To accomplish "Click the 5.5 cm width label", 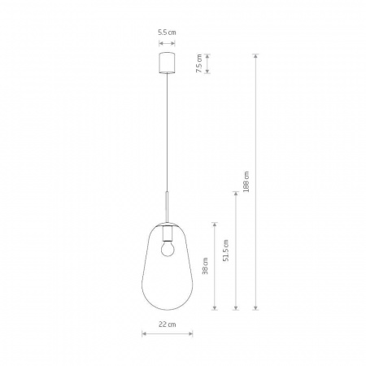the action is coord(167,33).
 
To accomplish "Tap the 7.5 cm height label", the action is coord(199,63).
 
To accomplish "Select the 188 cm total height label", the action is coord(246,182).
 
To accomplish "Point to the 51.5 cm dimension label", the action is coord(225,251).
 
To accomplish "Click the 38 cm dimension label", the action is coord(205,266).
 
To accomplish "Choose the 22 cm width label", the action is coord(168,325).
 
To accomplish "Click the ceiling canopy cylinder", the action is coord(167,63).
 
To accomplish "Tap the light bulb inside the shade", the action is coord(167,250).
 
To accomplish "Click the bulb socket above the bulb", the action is coord(167,233).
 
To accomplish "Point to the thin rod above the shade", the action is coord(167,207).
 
